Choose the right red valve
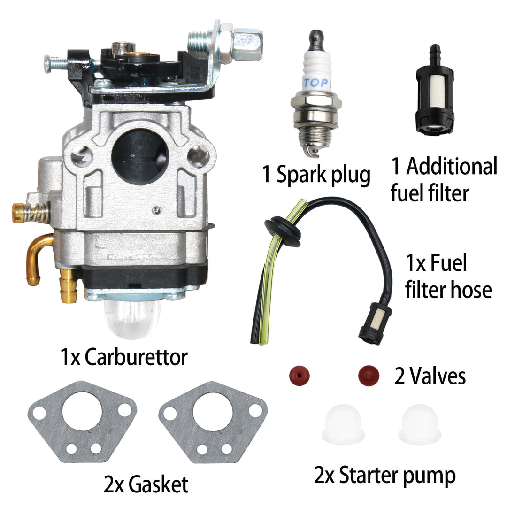click(x=369, y=375)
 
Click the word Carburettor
click(x=136, y=358)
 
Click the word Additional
click(x=451, y=167)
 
